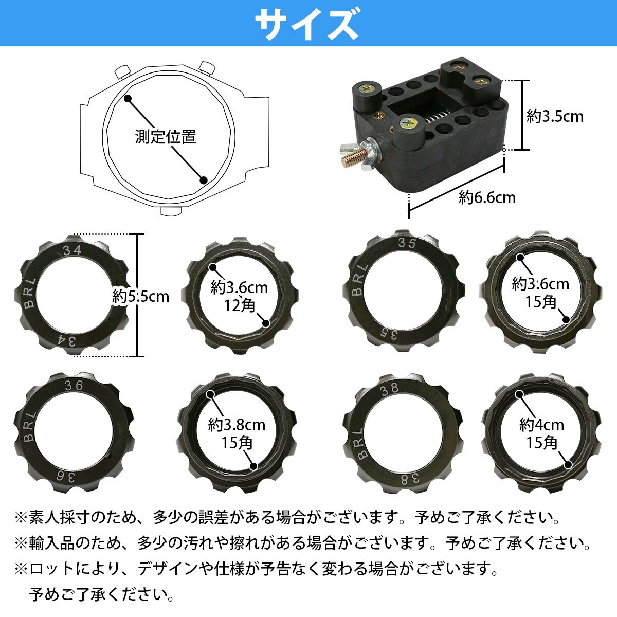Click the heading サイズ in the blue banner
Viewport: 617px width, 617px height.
pyautogui.click(x=307, y=24)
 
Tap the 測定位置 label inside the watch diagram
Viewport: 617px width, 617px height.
pyautogui.click(x=166, y=137)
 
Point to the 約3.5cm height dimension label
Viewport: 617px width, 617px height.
pyautogui.click(x=555, y=116)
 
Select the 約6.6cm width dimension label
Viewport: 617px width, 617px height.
pyautogui.click(x=487, y=197)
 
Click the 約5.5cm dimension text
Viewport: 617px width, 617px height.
pyautogui.click(x=140, y=296)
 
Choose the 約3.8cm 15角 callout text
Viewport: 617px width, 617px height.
pyautogui.click(x=237, y=433)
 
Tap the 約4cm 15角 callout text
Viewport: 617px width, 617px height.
pyautogui.click(x=541, y=433)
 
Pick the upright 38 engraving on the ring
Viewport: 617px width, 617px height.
pyautogui.click(x=389, y=389)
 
